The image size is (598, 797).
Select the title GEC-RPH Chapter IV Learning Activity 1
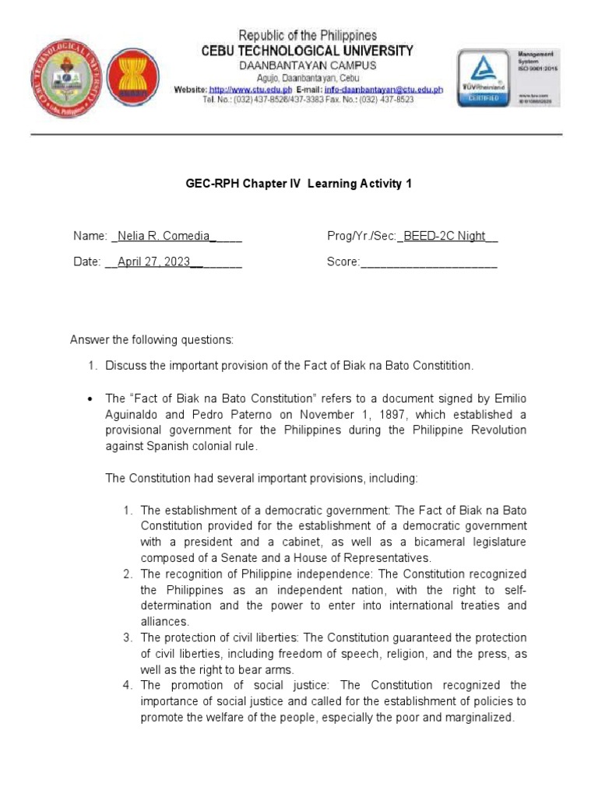click(x=298, y=184)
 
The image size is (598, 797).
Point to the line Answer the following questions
click(x=152, y=340)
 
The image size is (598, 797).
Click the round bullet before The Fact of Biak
click(x=90, y=398)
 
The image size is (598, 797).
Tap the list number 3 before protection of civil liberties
click(x=128, y=638)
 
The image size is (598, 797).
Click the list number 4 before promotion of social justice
click(x=128, y=686)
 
